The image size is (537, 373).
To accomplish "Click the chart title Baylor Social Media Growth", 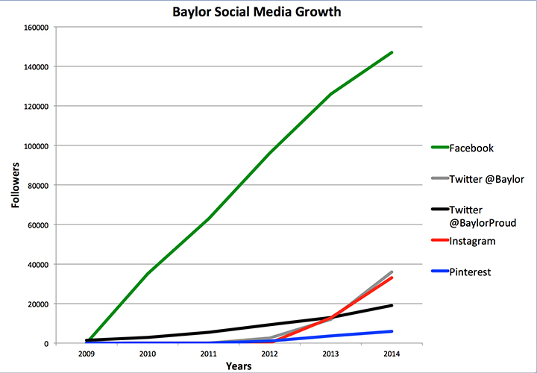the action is pyautogui.click(x=257, y=12).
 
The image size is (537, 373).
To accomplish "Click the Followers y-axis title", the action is pyautogui.click(x=16, y=185).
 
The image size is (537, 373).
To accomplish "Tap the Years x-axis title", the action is pyautogui.click(x=239, y=366).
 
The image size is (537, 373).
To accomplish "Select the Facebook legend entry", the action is pyautogui.click(x=462, y=148).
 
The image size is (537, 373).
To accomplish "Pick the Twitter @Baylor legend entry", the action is pyautogui.click(x=477, y=179).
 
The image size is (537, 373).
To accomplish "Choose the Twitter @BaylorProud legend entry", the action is pyautogui.click(x=474, y=216).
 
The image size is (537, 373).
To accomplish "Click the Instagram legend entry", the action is pyautogui.click(x=463, y=241).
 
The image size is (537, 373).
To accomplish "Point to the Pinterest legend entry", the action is pyautogui.click(x=461, y=272).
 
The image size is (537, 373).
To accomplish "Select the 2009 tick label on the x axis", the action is pyautogui.click(x=87, y=354).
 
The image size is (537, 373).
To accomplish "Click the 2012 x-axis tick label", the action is pyautogui.click(x=270, y=354).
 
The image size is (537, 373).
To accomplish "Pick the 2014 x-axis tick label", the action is pyautogui.click(x=392, y=354).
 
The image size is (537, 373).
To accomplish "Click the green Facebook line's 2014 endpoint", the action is pyautogui.click(x=392, y=52).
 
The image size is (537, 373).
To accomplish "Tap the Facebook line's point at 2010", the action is pyautogui.click(x=148, y=274).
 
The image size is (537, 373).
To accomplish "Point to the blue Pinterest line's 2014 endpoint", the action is pyautogui.click(x=392, y=331).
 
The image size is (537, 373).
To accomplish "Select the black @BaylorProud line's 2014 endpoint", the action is pyautogui.click(x=392, y=305).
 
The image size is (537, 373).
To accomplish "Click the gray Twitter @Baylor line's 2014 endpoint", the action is pyautogui.click(x=392, y=272).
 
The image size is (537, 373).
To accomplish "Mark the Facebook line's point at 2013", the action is pyautogui.click(x=331, y=94).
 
